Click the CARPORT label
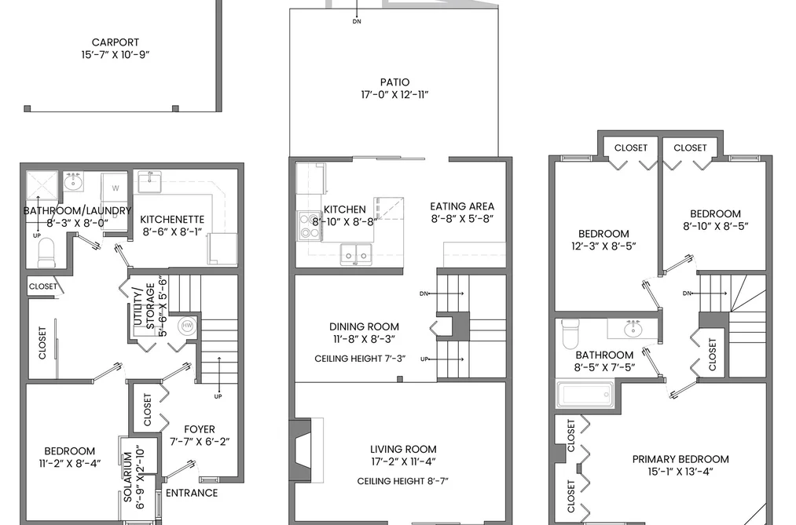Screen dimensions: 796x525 click(x=116, y=42)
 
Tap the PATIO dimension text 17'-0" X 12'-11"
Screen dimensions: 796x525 click(x=395, y=94)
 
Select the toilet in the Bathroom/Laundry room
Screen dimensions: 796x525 click(x=46, y=253)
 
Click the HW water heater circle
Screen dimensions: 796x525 click(x=187, y=326)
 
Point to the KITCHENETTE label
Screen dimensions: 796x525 click(x=172, y=220)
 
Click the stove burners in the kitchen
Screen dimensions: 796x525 click(x=310, y=226)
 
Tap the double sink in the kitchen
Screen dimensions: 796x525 click(x=355, y=253)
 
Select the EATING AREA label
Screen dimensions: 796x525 click(x=462, y=206)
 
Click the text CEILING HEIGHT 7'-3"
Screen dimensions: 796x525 click(x=360, y=359)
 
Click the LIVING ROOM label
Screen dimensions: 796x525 click(x=403, y=449)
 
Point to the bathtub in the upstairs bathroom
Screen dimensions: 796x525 click(x=585, y=394)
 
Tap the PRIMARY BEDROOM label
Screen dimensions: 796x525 click(x=680, y=459)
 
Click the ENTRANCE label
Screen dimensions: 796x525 click(x=192, y=493)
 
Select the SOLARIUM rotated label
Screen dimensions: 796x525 click(x=128, y=477)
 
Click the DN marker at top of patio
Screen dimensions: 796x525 click(x=357, y=22)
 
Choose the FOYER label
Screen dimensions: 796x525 click(x=200, y=429)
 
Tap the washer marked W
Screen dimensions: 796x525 click(x=116, y=188)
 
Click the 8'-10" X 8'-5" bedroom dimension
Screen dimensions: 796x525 click(x=715, y=226)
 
